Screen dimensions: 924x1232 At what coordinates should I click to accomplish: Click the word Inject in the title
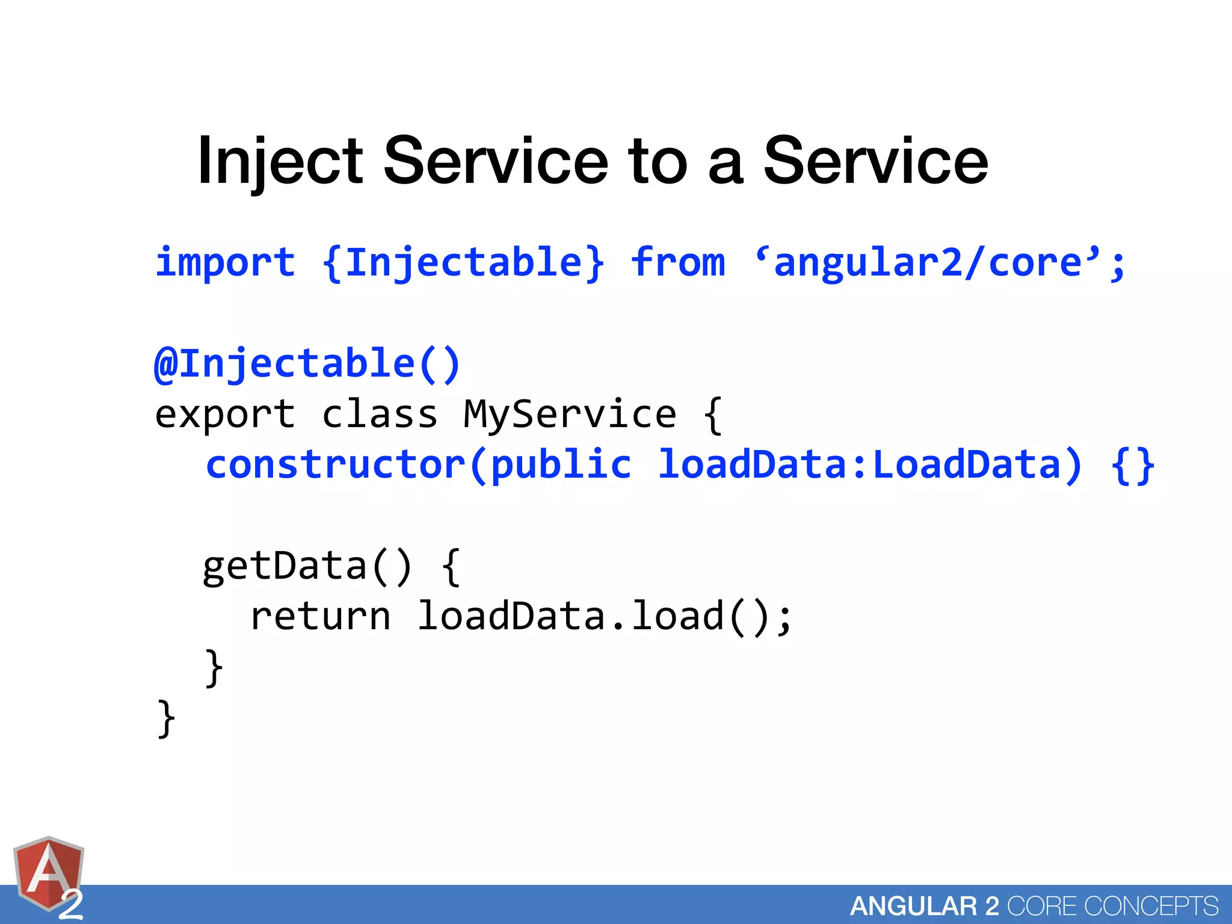click(280, 161)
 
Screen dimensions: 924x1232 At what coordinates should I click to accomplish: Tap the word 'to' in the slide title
click(657, 161)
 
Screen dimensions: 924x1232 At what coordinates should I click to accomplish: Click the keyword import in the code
click(225, 263)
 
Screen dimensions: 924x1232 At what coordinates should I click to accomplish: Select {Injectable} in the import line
click(463, 263)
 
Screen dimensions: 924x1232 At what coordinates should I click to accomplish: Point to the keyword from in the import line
click(678, 263)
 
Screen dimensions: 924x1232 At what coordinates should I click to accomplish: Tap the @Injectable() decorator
click(307, 364)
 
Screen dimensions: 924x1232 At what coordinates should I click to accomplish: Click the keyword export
click(225, 414)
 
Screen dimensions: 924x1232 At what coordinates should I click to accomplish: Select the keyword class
click(380, 414)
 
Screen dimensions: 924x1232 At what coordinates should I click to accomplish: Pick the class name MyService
click(570, 414)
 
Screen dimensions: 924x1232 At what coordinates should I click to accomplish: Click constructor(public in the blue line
click(419, 465)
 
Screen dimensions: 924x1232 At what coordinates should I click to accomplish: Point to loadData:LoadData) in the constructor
click(870, 465)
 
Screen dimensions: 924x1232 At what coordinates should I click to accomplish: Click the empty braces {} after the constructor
click(1133, 465)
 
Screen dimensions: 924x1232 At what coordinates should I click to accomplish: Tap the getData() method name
click(307, 566)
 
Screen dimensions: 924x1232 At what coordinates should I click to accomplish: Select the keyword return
click(320, 617)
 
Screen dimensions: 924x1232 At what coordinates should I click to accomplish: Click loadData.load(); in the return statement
click(605, 617)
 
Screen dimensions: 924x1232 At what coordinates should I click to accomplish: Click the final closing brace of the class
click(166, 718)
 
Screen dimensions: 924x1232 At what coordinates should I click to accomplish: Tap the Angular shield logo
click(48, 876)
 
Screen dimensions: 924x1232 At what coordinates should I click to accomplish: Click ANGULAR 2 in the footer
click(924, 906)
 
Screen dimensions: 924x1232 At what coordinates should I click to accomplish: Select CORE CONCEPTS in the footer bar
click(1112, 906)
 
